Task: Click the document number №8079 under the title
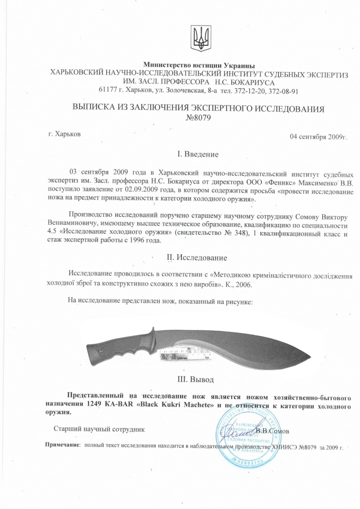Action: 198,118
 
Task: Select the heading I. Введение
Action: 198,155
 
